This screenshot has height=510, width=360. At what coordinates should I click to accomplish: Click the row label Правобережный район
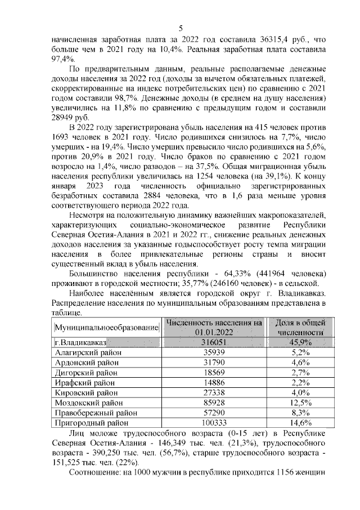pyautogui.click(x=92, y=413)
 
